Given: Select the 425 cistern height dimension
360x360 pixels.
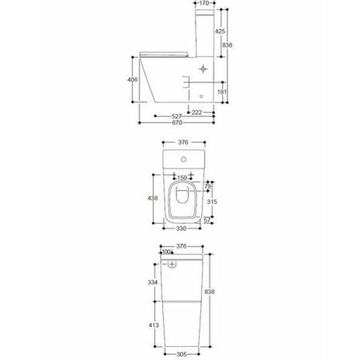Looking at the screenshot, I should (x=221, y=31).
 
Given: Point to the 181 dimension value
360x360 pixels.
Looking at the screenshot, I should (x=222, y=92).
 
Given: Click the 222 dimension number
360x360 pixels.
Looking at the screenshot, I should (x=197, y=111).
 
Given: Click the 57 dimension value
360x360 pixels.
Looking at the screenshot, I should (x=208, y=220).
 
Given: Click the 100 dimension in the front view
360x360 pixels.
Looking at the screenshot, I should (x=167, y=252).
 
